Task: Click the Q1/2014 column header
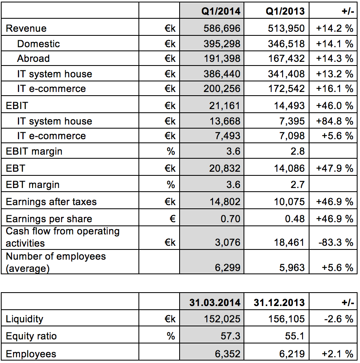pyautogui.click(x=221, y=11)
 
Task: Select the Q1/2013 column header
pyautogui.click(x=285, y=11)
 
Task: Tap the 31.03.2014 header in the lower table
pyautogui.click(x=215, y=303)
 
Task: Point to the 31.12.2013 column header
pyautogui.click(x=279, y=303)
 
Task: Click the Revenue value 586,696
pyautogui.click(x=222, y=28)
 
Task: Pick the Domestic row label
pyautogui.click(x=38, y=44)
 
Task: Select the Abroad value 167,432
pyautogui.click(x=286, y=59)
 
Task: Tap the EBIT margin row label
pyautogui.click(x=34, y=152)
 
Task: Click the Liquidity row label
pyautogui.click(x=24, y=319)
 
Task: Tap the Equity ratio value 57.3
pyautogui.click(x=232, y=337)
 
